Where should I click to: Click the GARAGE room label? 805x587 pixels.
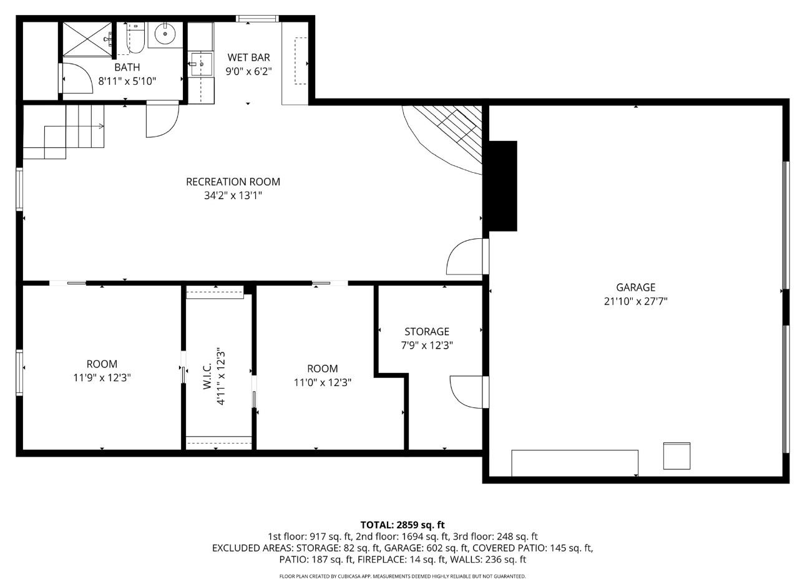635,288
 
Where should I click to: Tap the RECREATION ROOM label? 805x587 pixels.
233,182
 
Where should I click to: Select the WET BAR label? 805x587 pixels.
248,58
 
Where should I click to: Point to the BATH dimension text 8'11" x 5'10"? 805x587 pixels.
127,80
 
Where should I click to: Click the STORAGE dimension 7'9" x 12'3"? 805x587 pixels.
427,345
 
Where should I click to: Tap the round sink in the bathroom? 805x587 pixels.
165,34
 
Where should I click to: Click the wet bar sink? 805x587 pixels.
201,64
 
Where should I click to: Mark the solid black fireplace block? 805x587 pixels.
502,185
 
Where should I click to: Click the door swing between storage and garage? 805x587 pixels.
465,392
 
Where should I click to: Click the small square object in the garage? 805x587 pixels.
676,456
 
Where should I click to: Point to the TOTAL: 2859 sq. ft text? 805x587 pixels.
402,525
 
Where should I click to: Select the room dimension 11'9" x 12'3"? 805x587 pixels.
102,377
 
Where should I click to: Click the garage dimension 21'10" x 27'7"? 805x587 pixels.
635,301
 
